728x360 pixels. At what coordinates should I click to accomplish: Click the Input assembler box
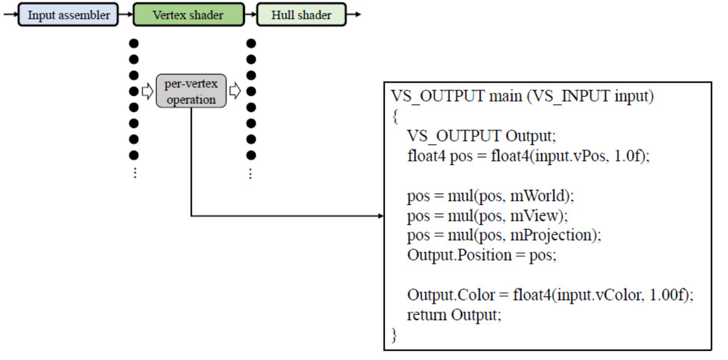pos(68,15)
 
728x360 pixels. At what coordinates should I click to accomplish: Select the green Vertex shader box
pos(189,15)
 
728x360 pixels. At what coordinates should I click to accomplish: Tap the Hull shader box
pos(301,15)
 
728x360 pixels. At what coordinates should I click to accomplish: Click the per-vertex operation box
pos(191,91)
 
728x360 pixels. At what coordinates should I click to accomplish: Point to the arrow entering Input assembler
pos(10,15)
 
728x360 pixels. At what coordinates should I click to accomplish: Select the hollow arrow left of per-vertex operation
pos(148,92)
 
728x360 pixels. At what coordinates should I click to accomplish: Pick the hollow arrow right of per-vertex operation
pos(235,92)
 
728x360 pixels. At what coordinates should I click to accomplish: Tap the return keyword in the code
pos(427,315)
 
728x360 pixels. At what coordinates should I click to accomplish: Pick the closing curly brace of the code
pos(394,335)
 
